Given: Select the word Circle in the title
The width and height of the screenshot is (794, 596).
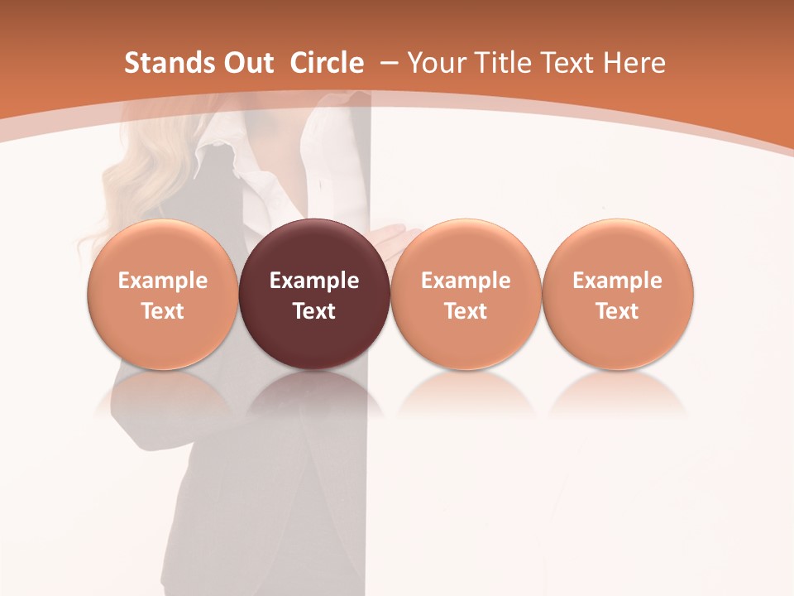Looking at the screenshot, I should (327, 63).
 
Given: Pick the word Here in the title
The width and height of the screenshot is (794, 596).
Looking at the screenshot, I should (634, 63).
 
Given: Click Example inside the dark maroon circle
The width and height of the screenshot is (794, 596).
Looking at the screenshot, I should (314, 281).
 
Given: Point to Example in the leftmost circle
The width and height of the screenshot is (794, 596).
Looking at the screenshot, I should (163, 281).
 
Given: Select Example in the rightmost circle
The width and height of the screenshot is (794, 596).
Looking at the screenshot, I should (618, 281).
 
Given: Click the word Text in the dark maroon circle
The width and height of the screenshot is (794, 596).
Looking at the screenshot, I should (314, 311).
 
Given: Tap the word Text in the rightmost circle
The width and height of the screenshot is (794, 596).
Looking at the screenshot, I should (618, 311).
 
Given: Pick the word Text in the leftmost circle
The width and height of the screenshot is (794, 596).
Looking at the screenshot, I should (163, 311).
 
